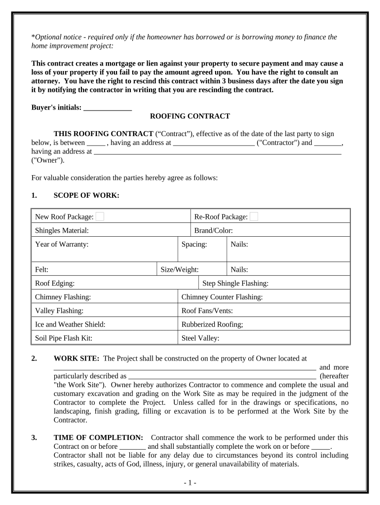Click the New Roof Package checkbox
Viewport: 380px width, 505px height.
pyautogui.click(x=100, y=216)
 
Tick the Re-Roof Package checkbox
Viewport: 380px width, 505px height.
pyautogui.click(x=254, y=216)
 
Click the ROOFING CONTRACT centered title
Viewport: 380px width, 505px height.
pyautogui.click(x=190, y=116)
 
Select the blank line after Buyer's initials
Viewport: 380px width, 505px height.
pyautogui.click(x=108, y=108)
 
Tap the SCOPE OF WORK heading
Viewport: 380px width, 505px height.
pyautogui.click(x=86, y=196)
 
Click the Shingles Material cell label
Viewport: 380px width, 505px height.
pyautogui.click(x=62, y=230)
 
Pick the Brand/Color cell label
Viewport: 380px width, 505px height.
pyautogui.click(x=213, y=230)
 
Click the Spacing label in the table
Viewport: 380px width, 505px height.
pyautogui.click(x=194, y=244)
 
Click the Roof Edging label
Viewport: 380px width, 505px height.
pyautogui.click(x=55, y=284)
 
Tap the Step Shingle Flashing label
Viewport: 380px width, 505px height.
pyautogui.click(x=235, y=284)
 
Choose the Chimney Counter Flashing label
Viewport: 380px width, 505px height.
pyautogui.click(x=222, y=297)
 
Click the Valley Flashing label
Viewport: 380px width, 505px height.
pyautogui.click(x=59, y=311)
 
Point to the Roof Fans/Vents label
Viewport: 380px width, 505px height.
pyautogui.click(x=207, y=311)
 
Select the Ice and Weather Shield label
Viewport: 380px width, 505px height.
pyautogui.click(x=70, y=325)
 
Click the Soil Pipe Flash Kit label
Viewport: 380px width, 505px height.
pyautogui.click(x=64, y=339)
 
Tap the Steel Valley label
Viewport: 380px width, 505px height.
pyautogui.click(x=200, y=339)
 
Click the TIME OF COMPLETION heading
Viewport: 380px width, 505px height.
pyautogui.click(x=98, y=438)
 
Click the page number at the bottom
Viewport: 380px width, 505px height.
pyautogui.click(x=190, y=483)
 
